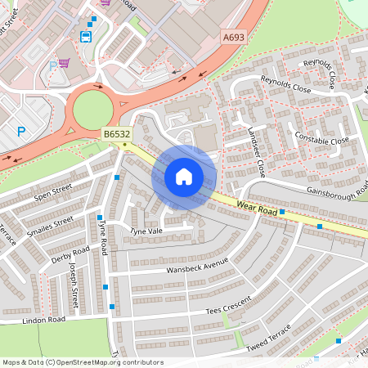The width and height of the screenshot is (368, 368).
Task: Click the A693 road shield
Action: click(232, 36)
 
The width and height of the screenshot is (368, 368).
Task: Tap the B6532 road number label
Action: click(115, 134)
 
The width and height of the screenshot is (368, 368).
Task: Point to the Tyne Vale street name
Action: click(146, 232)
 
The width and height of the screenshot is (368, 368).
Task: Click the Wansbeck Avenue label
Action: click(197, 267)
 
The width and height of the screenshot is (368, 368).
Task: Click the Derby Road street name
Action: click(70, 256)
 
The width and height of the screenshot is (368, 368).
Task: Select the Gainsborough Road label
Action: click(334, 191)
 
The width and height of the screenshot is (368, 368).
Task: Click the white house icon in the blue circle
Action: click(184, 176)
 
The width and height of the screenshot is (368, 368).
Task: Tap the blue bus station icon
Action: click(86, 36)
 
